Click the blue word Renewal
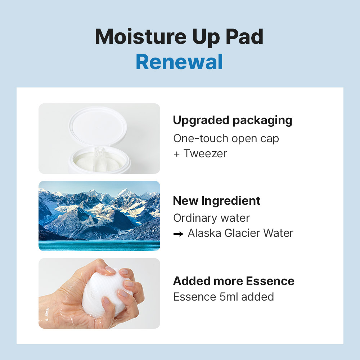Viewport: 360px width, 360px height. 179,62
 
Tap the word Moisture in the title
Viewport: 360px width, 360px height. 140,36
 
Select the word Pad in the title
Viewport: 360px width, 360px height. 244,36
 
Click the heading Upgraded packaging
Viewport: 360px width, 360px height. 233,121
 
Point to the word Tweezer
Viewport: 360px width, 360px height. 205,153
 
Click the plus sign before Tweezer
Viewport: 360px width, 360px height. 176,154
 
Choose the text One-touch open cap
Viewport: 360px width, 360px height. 226,139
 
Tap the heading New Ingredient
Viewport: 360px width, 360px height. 216,201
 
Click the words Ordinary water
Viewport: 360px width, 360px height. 211,218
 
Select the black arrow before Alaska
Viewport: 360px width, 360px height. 179,234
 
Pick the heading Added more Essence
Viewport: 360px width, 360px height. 234,281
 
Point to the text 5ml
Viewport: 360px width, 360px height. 229,297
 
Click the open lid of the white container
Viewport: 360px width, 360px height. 98,127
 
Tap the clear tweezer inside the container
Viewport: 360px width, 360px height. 99,159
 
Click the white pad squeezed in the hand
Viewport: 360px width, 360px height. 105,292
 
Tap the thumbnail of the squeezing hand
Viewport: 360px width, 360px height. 99,293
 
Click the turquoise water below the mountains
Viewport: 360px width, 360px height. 99,246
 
